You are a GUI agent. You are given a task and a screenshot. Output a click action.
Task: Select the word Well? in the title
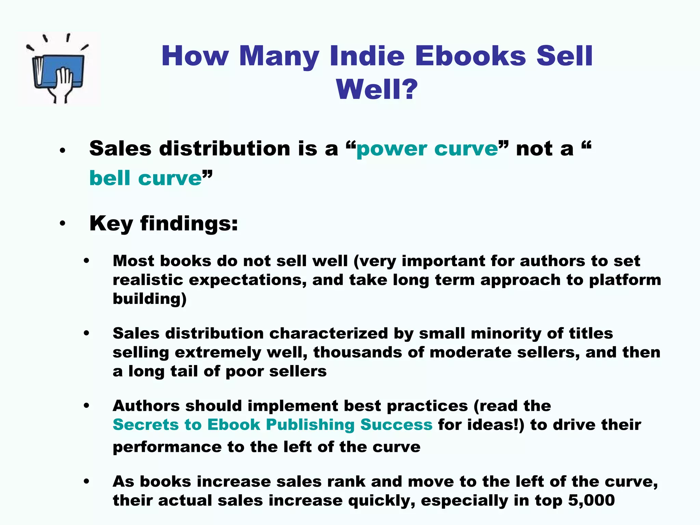click(x=377, y=89)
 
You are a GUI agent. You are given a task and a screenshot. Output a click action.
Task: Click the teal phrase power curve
click(x=427, y=149)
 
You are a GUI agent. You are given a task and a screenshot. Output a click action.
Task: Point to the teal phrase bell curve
click(x=146, y=178)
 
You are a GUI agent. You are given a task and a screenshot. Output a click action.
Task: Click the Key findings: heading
click(x=163, y=224)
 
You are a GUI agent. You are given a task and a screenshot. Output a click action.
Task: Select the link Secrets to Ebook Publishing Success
click(x=272, y=425)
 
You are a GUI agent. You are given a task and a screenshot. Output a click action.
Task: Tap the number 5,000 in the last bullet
click(x=591, y=500)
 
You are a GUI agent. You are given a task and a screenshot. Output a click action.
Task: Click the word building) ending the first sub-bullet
click(x=150, y=299)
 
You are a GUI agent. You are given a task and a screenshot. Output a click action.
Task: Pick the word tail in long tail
click(x=184, y=371)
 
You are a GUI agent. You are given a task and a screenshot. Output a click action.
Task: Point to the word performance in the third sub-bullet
click(x=167, y=447)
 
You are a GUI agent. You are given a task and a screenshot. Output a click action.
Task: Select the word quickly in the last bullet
click(x=381, y=500)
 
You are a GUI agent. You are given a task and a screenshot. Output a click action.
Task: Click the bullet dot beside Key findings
click(x=62, y=224)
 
